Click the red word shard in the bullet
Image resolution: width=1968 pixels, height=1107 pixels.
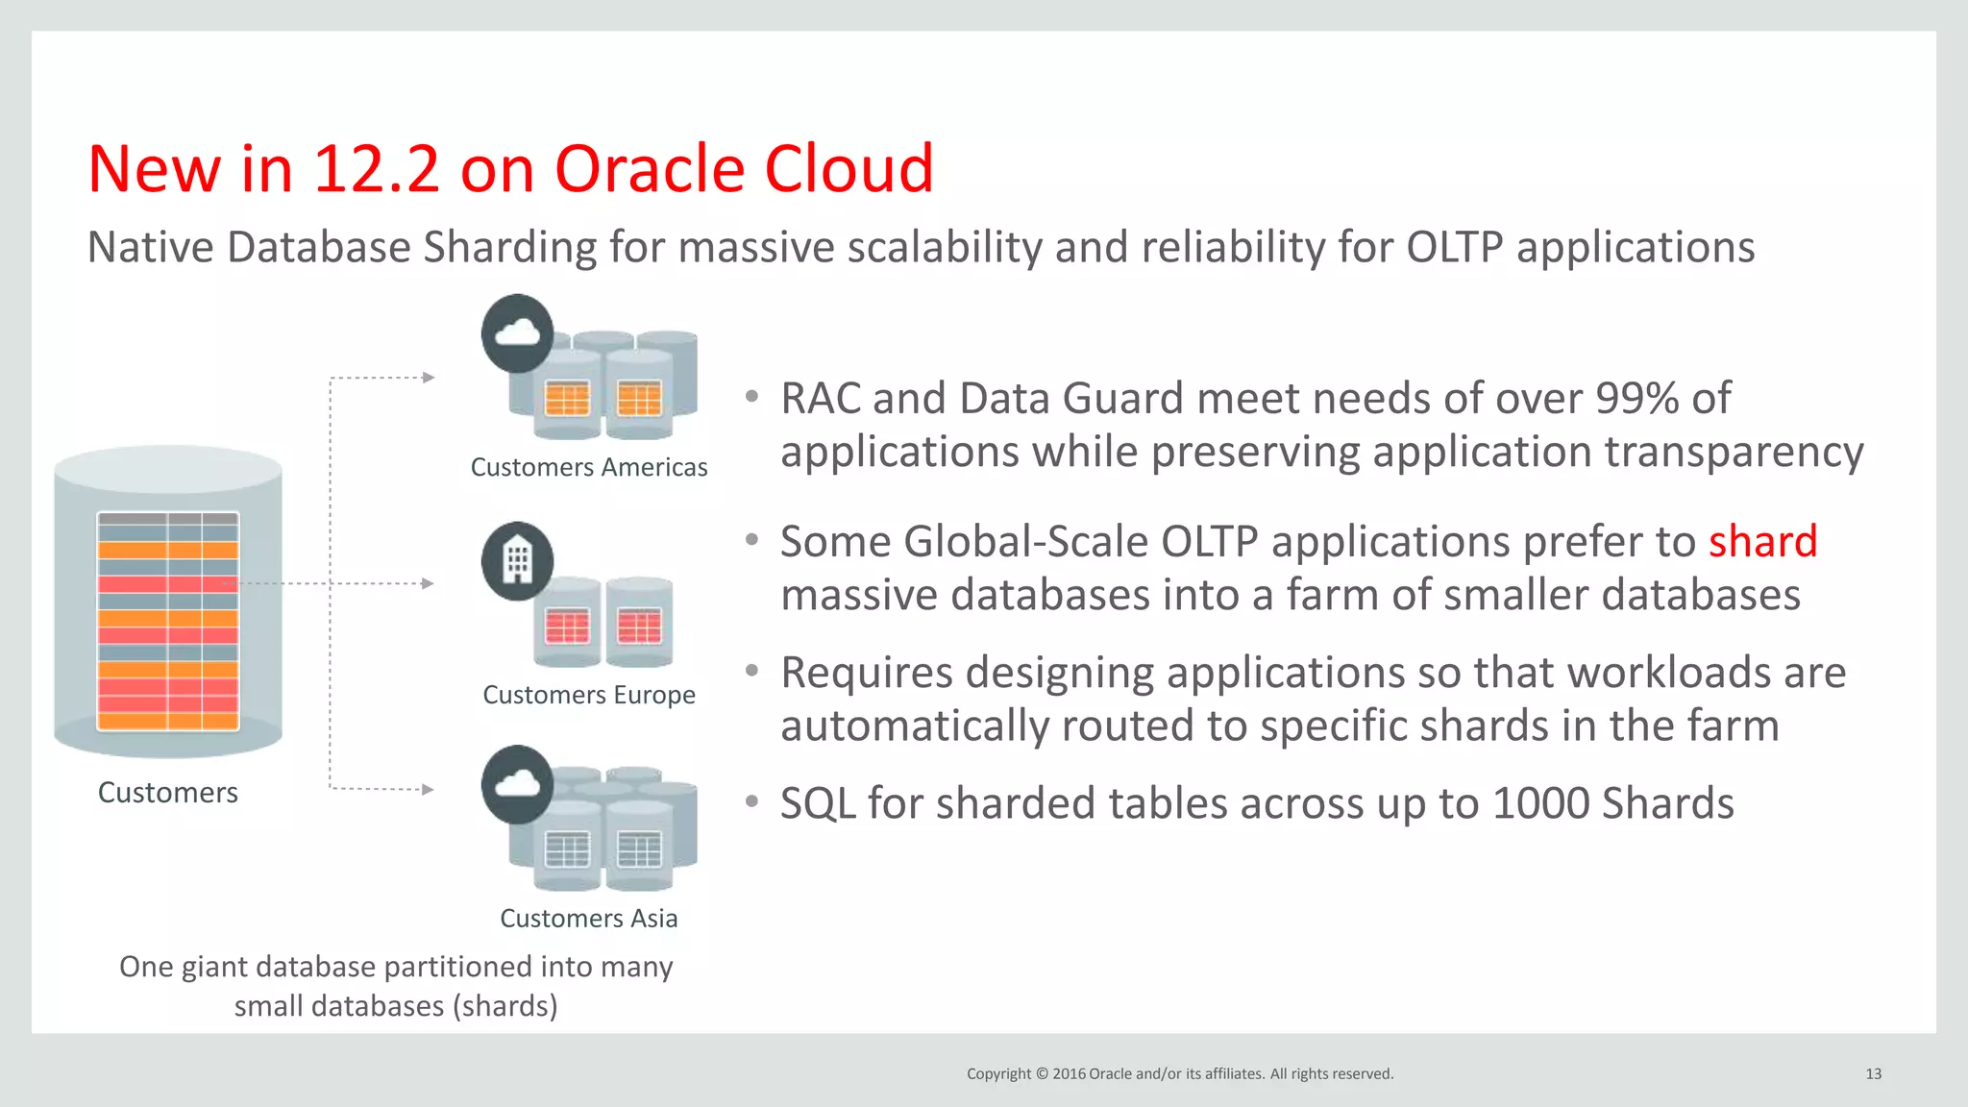1762,542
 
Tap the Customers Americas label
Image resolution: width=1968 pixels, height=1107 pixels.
588,467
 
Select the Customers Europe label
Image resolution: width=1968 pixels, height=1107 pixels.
588,695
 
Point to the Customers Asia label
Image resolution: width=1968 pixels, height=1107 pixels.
588,919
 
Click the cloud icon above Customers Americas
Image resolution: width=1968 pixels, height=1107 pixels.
517,333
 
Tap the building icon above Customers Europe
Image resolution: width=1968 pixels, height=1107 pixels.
517,561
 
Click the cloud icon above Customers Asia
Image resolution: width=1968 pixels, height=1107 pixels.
517,784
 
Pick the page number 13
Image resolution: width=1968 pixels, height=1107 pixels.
1873,1073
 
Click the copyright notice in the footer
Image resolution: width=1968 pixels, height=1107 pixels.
1179,1073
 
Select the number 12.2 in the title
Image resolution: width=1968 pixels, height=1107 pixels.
376,170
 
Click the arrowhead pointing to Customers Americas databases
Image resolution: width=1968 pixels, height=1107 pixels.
429,378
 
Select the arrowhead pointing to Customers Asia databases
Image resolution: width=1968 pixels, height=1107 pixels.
429,790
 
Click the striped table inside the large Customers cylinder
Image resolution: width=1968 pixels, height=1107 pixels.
168,621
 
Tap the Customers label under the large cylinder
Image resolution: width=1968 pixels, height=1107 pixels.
168,793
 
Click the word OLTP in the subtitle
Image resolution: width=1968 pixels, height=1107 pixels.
1454,247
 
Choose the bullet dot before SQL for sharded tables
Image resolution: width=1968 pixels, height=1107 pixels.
752,800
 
